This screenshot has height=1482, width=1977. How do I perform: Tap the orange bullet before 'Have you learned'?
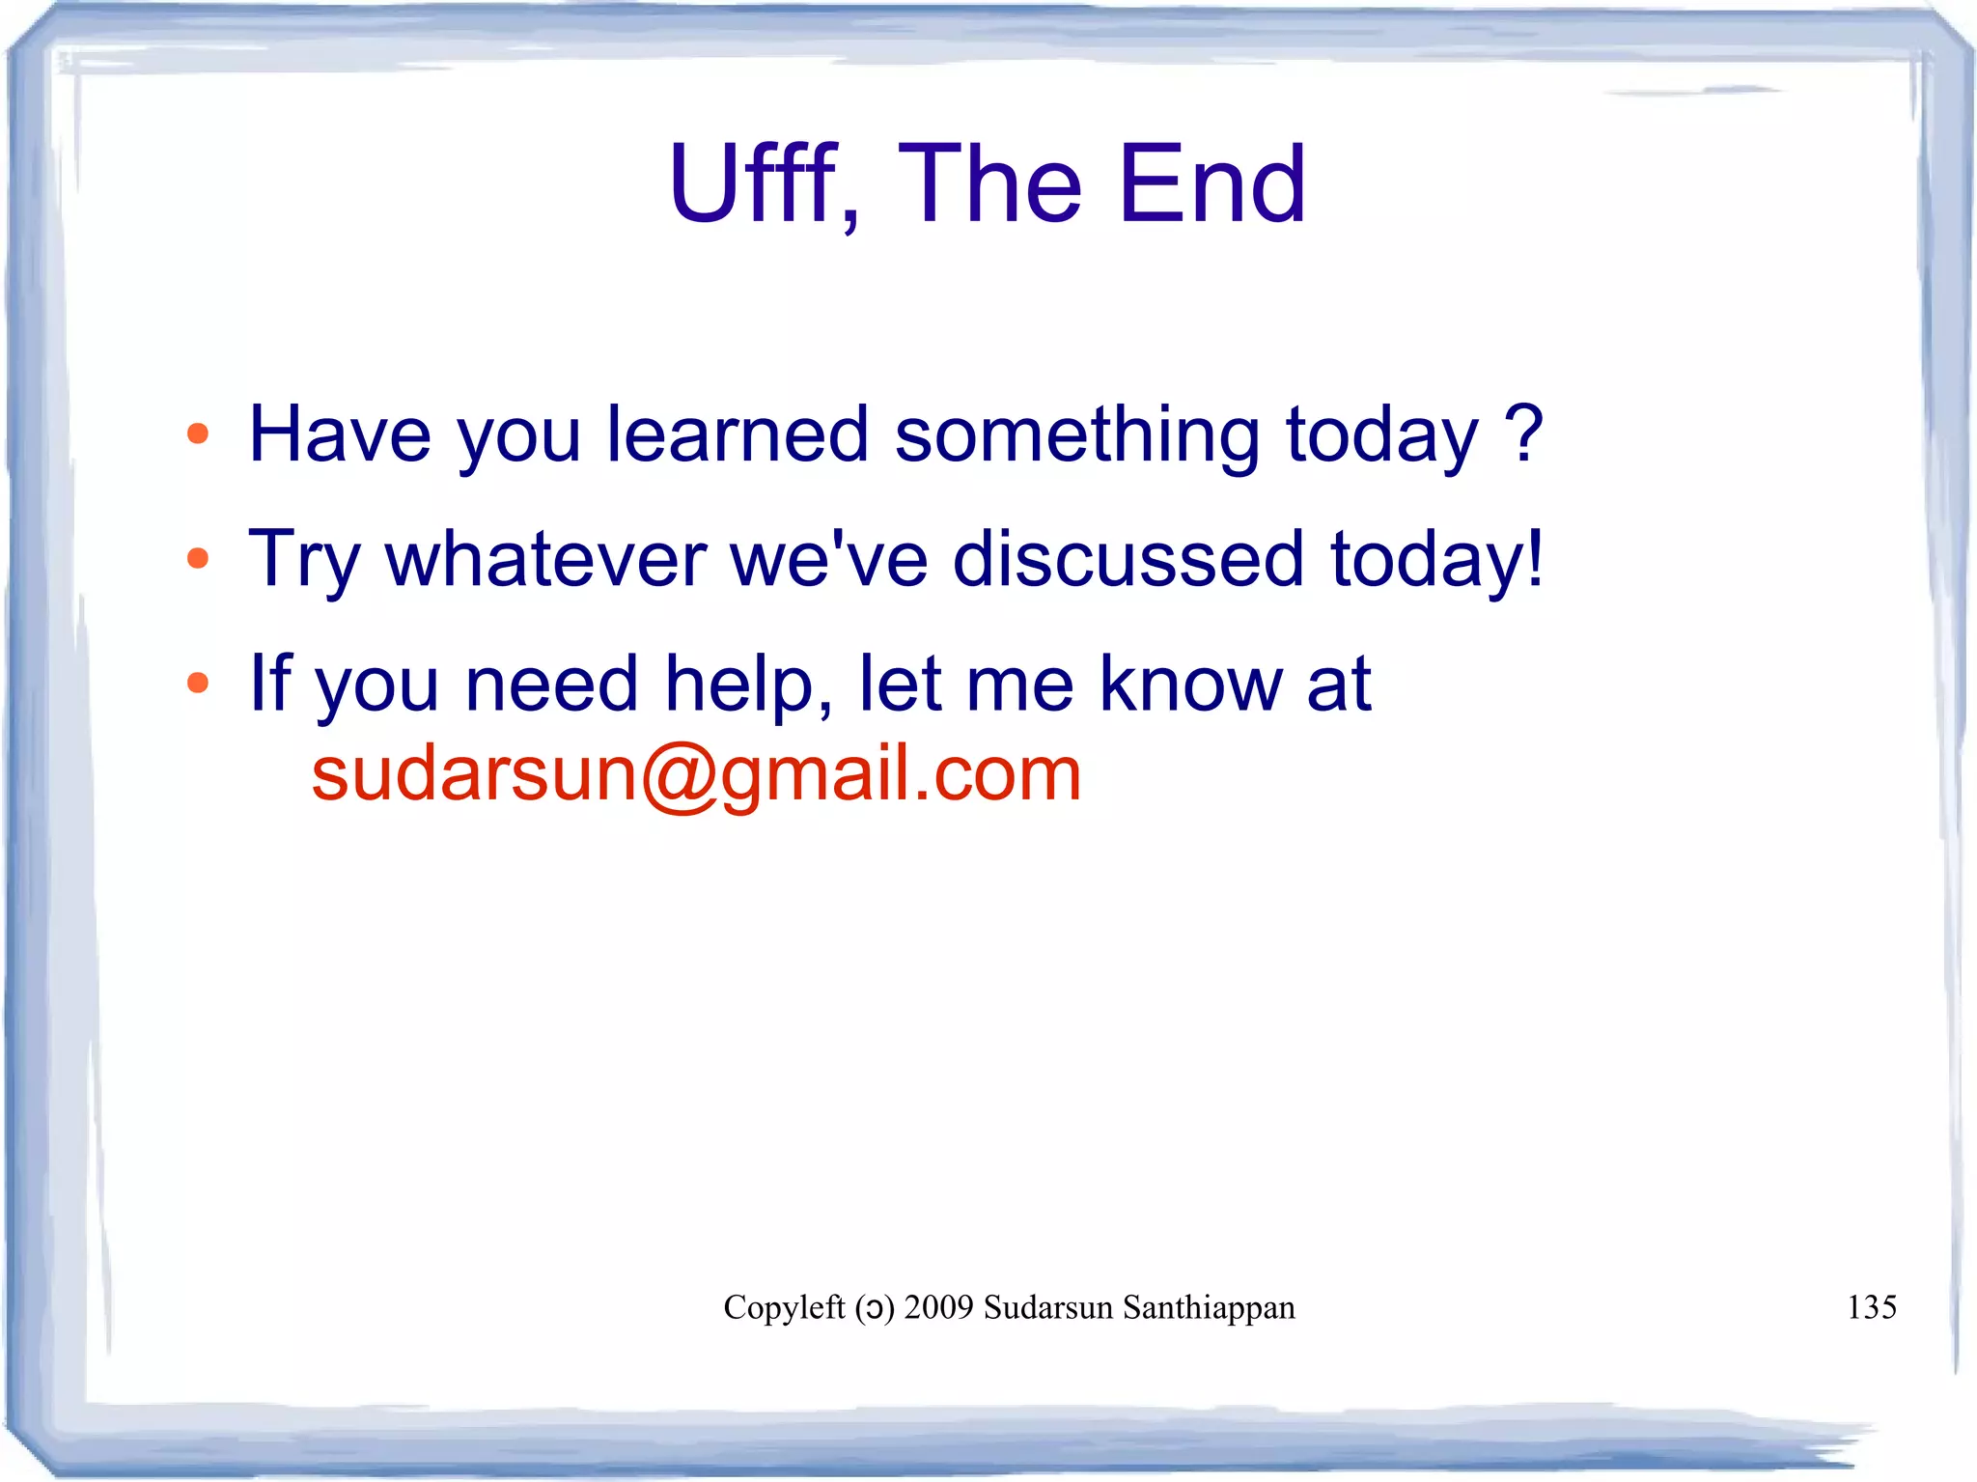[198, 434]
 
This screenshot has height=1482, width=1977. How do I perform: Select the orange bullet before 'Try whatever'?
[198, 558]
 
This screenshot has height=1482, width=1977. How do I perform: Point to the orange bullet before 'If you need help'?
[198, 684]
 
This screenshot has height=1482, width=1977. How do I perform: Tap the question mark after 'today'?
[1524, 434]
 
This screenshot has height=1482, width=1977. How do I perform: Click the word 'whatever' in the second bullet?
[545, 559]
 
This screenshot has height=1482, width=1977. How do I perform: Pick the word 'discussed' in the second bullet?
[1128, 559]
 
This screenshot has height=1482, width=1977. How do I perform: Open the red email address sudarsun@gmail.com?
[696, 774]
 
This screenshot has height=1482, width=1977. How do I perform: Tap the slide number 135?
[1871, 1307]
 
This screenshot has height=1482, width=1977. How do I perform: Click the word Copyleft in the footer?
[784, 1308]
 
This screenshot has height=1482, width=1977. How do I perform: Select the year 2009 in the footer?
[938, 1307]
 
